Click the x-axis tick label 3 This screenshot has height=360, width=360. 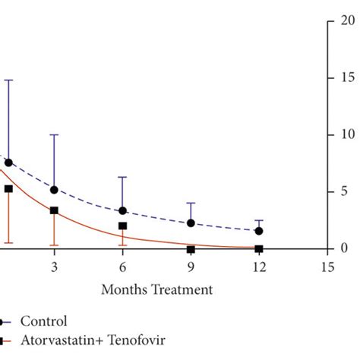tap(54, 267)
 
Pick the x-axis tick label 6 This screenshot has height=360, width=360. tap(122, 267)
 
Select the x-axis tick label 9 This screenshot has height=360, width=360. tap(191, 267)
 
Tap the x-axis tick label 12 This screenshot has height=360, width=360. tap(259, 267)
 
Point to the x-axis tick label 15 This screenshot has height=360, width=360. tap(327, 267)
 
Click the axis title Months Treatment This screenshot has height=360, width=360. tap(157, 289)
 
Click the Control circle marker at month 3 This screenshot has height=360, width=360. tap(54, 189)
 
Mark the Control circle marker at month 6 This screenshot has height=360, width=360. tap(122, 211)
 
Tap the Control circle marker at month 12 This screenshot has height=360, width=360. tap(259, 231)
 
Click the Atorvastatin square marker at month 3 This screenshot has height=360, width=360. tap(54, 210)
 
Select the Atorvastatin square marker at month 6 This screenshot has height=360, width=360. tap(122, 226)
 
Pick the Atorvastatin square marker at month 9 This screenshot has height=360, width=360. tap(191, 249)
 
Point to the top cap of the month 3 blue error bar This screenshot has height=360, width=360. tap(54, 134)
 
